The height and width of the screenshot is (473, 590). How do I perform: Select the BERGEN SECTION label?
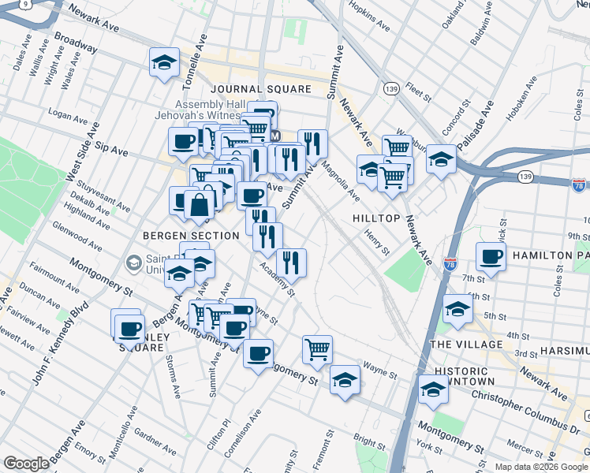[191, 236]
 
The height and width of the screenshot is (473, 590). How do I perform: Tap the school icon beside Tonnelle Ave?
[164, 62]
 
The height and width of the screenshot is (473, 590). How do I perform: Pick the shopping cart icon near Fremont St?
[317, 349]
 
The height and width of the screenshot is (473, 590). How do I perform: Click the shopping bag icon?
[200, 203]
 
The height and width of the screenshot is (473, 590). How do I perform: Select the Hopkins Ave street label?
[370, 17]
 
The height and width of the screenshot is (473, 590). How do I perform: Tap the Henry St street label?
[376, 242]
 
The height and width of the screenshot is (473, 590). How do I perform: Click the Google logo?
[27, 464]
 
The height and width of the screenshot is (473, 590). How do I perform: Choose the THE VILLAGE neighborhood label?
[466, 345]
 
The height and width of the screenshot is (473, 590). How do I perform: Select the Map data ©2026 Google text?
[540, 466]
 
